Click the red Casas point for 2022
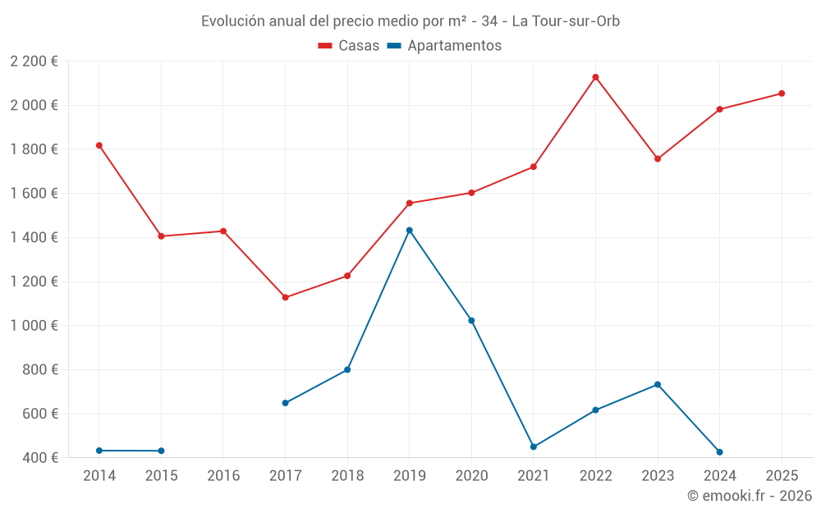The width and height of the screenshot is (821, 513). click(595, 77)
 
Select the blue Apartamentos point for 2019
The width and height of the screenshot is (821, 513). click(409, 230)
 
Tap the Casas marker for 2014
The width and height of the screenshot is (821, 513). click(99, 145)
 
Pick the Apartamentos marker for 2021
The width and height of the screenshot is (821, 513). click(534, 447)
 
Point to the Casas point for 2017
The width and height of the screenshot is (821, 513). click(285, 297)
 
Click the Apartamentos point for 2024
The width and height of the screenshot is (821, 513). click(719, 452)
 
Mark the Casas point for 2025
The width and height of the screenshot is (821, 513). click(782, 94)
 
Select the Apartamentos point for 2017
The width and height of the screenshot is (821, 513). click(285, 403)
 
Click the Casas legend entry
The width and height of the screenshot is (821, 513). click(349, 46)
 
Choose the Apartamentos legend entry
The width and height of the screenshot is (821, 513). click(444, 46)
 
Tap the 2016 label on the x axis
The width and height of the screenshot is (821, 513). click(223, 476)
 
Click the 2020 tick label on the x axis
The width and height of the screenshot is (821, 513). click(471, 476)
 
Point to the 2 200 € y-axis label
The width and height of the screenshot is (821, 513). click(34, 62)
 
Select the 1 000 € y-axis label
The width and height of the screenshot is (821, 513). click(34, 326)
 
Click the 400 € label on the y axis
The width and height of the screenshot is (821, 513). click(41, 458)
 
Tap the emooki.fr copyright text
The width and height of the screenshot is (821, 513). click(749, 496)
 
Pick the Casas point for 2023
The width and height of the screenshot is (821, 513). click(658, 158)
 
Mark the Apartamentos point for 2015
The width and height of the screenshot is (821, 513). click(161, 451)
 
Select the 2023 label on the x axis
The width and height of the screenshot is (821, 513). click(658, 476)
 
